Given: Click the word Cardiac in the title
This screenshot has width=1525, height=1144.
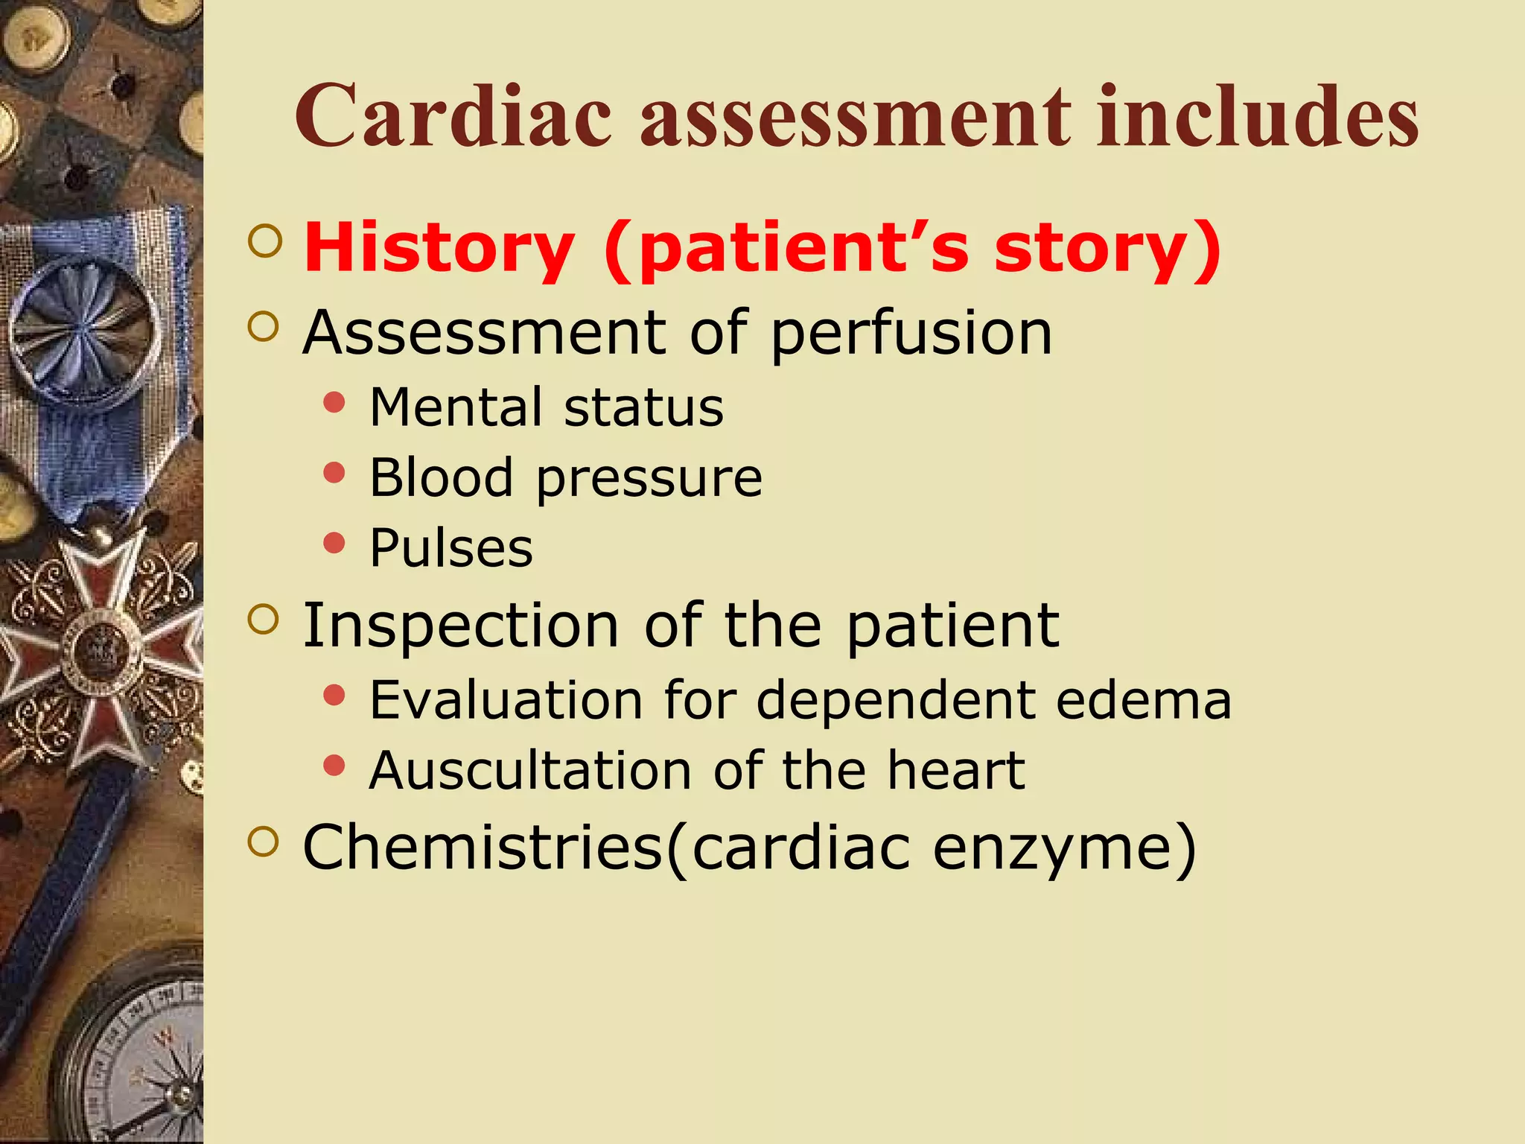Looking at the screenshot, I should tap(453, 117).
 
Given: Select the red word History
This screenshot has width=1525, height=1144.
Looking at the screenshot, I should tap(439, 250).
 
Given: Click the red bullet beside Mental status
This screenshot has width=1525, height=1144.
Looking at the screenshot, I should tap(335, 403).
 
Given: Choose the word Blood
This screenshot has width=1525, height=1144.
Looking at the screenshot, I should tap(441, 477).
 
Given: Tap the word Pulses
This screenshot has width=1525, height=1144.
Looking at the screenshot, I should tap(451, 548).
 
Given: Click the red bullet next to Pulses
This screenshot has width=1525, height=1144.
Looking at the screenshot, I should tap(335, 543).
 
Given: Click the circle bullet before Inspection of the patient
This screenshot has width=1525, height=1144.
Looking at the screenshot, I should tap(264, 619).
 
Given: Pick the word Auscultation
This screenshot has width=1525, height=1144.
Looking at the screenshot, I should tap(530, 770).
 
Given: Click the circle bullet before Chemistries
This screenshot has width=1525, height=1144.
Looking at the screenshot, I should tap(264, 842).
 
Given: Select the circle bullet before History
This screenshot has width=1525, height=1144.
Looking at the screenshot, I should tap(265, 241).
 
